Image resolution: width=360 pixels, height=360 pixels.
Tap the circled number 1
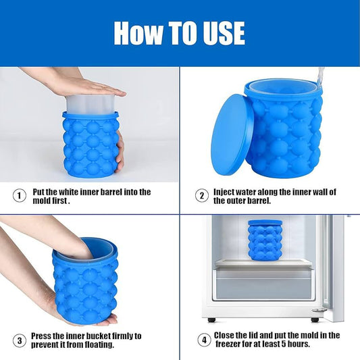(20, 196)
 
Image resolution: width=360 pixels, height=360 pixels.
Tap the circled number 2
(201, 196)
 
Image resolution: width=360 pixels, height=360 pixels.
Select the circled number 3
(20, 340)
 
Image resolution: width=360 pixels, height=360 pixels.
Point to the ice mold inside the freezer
(265, 240)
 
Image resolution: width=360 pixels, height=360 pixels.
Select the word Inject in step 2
(226, 192)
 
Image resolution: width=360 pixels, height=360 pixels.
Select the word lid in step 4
(259, 336)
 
